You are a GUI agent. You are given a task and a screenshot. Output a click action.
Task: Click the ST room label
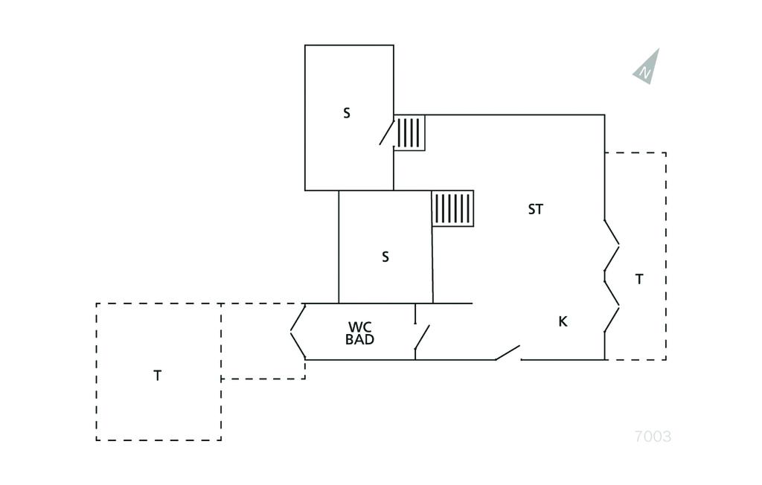point(536,210)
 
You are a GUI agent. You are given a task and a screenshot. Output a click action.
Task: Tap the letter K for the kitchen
point(563,322)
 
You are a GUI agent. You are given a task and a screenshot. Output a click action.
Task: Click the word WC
point(359,327)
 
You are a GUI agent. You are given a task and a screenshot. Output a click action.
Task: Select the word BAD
point(359,340)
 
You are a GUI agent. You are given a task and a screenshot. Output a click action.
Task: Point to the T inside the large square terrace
point(157,376)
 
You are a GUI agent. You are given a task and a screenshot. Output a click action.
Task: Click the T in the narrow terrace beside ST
point(639,280)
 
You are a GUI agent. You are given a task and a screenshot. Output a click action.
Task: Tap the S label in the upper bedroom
point(347,114)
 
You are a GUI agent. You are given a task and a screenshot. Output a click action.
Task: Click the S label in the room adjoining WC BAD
point(385,257)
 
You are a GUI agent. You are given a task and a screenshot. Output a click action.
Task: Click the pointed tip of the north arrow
point(658,50)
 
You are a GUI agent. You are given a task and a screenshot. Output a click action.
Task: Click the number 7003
point(653,437)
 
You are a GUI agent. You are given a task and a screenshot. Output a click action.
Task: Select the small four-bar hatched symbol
point(409,133)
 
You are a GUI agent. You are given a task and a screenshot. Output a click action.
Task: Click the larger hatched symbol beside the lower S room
point(452,208)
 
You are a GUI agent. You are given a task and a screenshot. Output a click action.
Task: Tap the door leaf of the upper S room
point(387,131)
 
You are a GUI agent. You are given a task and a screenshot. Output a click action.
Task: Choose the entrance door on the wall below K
point(508,353)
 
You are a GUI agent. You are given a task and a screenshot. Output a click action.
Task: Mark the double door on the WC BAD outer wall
point(298,332)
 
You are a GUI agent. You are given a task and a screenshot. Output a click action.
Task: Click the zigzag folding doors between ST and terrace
point(611,276)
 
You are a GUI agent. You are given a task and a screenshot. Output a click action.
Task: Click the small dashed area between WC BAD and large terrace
point(263,341)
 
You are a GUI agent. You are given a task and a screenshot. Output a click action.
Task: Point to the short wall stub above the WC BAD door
point(415,314)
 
